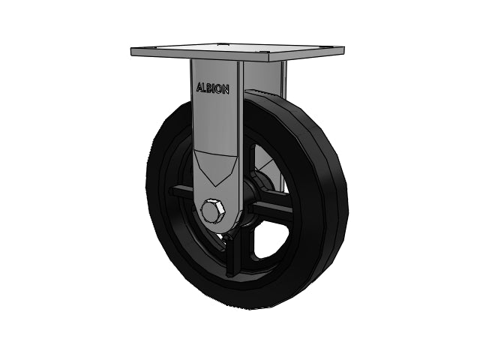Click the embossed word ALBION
tap(212, 88)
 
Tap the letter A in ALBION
tap(199, 87)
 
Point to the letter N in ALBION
tap(225, 90)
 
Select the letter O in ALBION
tap(218, 89)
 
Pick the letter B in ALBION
tap(209, 88)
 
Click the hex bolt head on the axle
tap(212, 211)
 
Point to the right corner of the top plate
tap(344, 48)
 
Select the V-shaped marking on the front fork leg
tap(216, 166)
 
